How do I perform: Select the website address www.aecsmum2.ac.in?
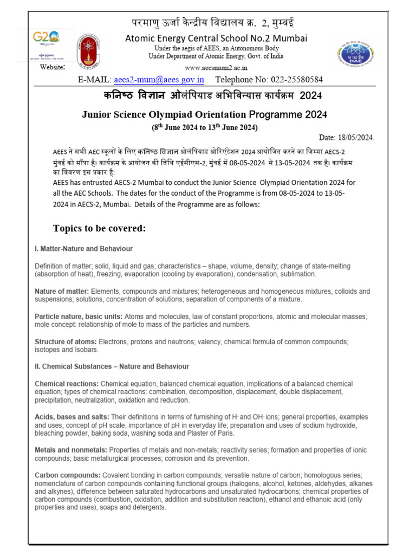click(x=216, y=68)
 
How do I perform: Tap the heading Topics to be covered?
click(x=99, y=228)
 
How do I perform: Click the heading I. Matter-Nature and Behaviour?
click(x=83, y=249)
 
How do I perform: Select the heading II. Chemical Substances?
click(x=112, y=366)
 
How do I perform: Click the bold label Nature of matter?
click(x=62, y=292)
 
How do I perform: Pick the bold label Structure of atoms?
click(x=66, y=342)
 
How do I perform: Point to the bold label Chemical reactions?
click(x=67, y=384)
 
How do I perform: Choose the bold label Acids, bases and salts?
click(x=71, y=417)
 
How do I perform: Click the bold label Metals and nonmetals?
click(x=71, y=450)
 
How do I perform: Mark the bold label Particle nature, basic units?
click(x=79, y=317)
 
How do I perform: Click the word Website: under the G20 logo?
click(x=53, y=67)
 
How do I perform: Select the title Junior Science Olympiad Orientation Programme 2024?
click(x=204, y=115)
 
